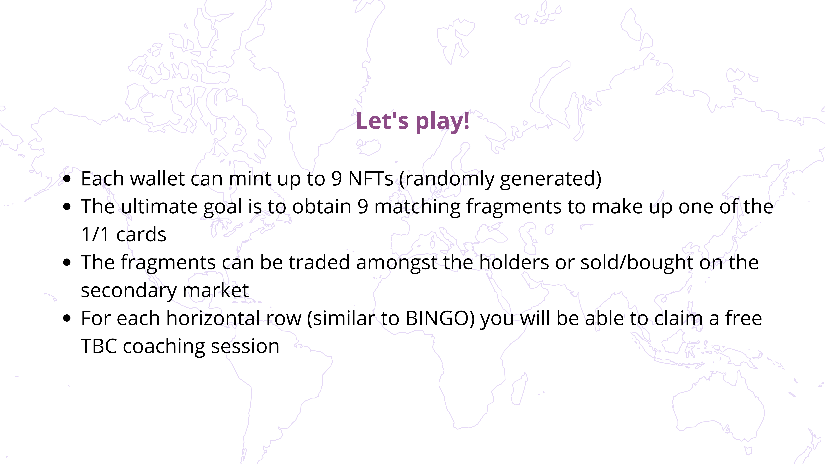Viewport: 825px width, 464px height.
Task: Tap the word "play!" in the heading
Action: [443, 122]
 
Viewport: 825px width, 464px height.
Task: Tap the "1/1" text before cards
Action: [95, 234]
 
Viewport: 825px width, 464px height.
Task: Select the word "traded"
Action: [319, 262]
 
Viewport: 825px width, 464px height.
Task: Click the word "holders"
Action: [514, 262]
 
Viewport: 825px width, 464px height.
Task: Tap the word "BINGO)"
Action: [440, 319]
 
